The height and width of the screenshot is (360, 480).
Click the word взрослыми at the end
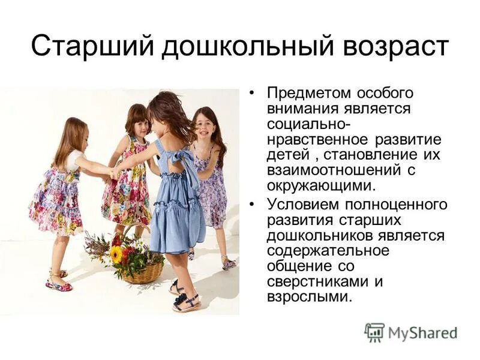click(x=307, y=296)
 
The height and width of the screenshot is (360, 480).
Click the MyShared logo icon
click(x=374, y=332)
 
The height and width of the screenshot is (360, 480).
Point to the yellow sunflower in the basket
click(x=116, y=254)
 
